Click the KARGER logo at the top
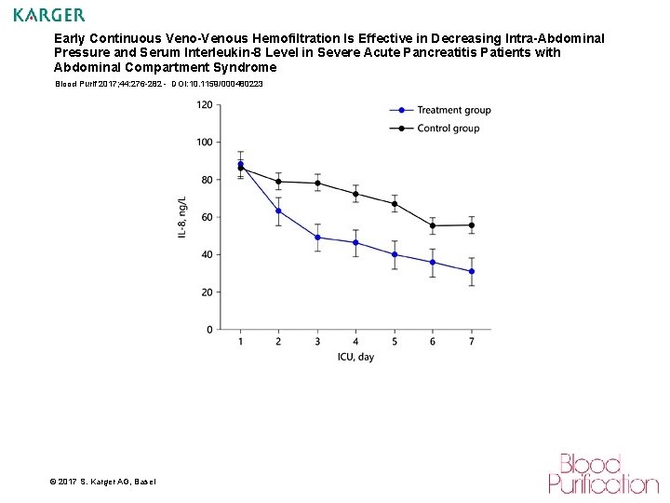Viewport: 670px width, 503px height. pos(49,15)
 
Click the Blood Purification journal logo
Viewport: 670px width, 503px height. pos(602,473)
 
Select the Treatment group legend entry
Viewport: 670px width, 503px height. pos(453,110)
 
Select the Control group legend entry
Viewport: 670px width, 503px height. pos(448,128)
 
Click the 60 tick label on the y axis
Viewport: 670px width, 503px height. pos(206,217)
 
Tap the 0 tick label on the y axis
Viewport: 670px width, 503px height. pos(208,330)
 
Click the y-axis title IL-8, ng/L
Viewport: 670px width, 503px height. pos(182,218)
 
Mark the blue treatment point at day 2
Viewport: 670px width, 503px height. pos(278,211)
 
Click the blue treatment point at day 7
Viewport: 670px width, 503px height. pos(472,271)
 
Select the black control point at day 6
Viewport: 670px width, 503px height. pos(433,225)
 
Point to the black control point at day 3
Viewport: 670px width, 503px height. pos(317,183)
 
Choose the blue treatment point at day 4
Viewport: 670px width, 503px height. pos(355,242)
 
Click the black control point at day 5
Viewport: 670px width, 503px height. pos(395,203)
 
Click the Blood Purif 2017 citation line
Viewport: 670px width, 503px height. pos(158,84)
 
